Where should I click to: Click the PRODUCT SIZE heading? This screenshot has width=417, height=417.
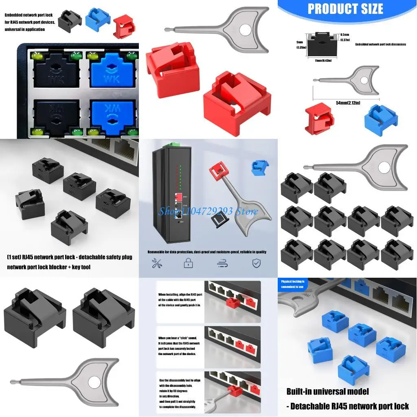(x=345, y=9)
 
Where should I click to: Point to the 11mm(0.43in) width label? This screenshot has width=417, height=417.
(x=323, y=60)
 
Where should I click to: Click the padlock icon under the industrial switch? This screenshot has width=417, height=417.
(x=188, y=263)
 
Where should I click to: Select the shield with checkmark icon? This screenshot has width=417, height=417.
(x=256, y=263)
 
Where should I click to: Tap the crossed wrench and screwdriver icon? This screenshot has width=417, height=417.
(x=157, y=263)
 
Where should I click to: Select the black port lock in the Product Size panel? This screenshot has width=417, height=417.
(x=323, y=44)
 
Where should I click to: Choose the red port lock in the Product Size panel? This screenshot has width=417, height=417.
(x=319, y=119)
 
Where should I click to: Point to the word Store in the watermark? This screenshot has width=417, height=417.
(x=248, y=211)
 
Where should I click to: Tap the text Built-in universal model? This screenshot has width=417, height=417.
(x=327, y=391)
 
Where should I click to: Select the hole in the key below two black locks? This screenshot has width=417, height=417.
(x=94, y=382)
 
